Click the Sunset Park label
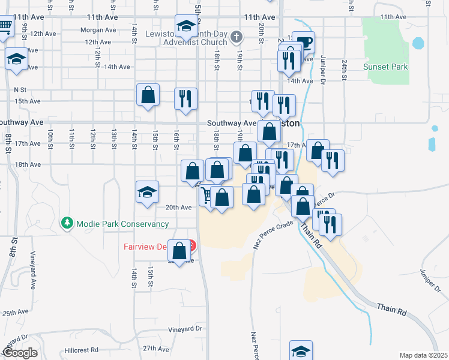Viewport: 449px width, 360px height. click(385, 66)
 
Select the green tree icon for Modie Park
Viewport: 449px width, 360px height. click(67, 223)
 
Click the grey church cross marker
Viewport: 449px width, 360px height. click(237, 37)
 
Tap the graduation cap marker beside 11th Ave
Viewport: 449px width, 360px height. click(187, 26)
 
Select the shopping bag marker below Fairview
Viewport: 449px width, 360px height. click(179, 251)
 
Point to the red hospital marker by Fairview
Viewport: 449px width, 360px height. click(191, 245)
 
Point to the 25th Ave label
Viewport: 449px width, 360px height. click(15, 313)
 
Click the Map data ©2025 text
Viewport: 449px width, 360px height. click(423, 355)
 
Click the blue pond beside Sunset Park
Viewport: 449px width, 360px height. click(418, 43)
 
